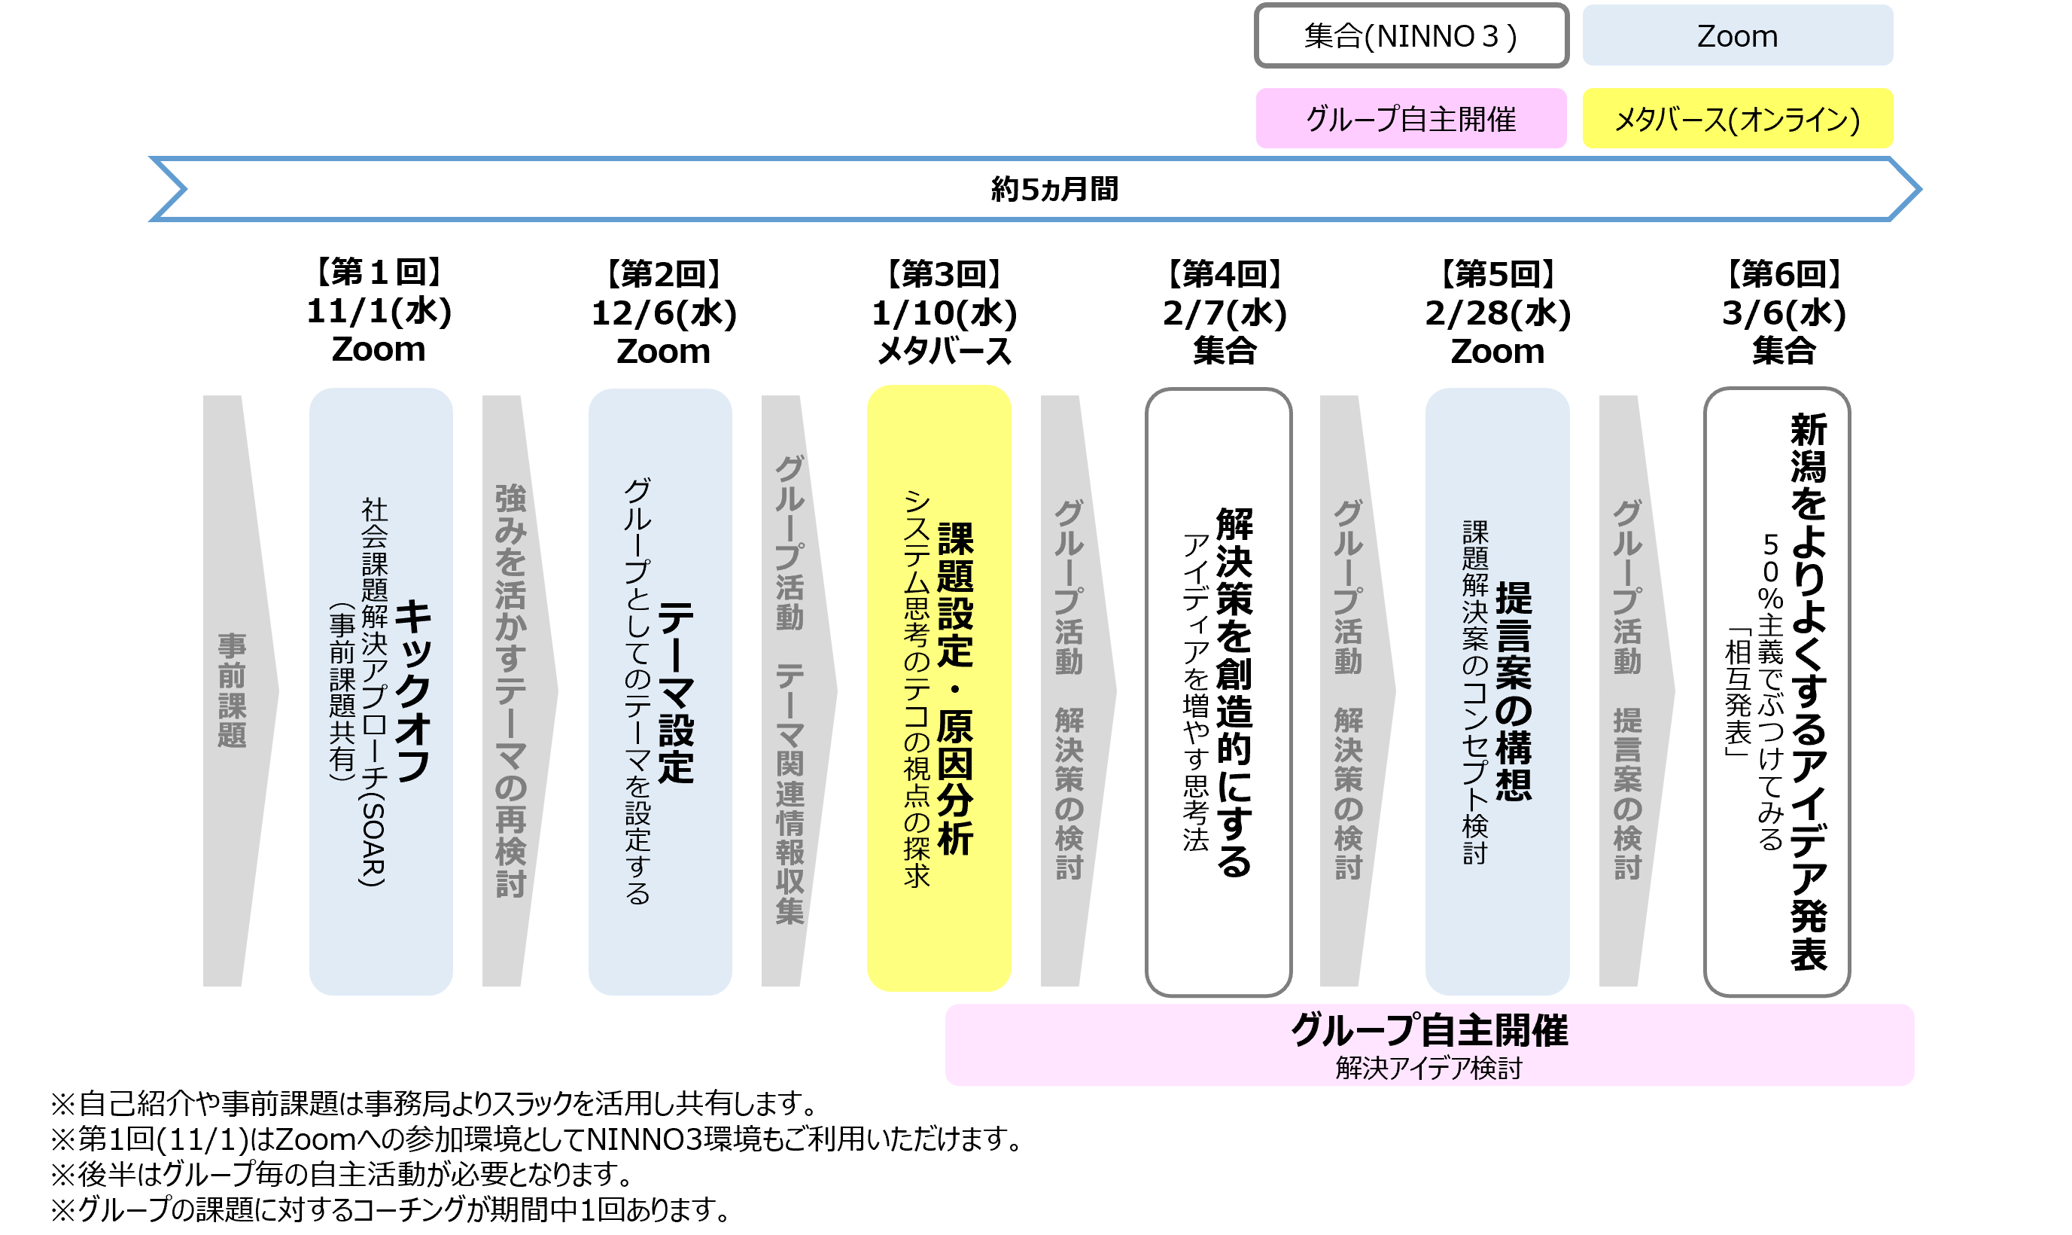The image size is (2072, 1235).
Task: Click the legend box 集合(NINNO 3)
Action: pos(1410,36)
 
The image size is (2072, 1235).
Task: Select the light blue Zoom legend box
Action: pos(1737,36)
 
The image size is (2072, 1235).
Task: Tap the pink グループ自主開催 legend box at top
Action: pos(1410,119)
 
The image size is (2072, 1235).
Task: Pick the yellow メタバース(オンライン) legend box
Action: pos(1737,119)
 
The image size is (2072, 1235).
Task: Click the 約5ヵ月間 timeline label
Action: pos(1054,189)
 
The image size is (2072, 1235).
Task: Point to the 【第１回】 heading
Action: pos(379,272)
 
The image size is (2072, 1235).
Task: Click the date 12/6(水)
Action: pos(664,313)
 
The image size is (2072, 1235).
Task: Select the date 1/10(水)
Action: pos(944,313)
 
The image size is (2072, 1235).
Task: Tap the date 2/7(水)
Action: pos(1225,313)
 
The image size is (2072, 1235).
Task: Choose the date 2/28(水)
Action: pos(1497,313)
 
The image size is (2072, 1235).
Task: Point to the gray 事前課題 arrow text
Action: pos(232,691)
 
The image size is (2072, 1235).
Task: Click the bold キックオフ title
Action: pos(413,691)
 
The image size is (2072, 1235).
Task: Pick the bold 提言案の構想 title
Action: pos(1513,691)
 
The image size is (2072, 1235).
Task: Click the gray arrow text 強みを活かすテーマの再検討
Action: pos(511,691)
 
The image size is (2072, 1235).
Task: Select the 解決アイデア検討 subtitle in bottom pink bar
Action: pos(1428,1068)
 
